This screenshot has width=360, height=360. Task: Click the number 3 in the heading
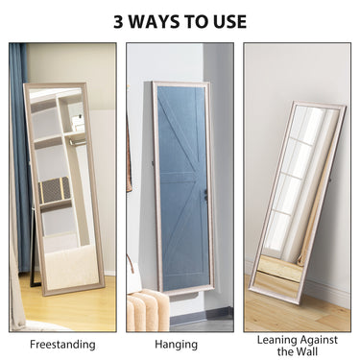[119, 21]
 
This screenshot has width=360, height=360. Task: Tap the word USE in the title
[226, 21]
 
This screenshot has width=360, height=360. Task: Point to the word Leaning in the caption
[276, 338]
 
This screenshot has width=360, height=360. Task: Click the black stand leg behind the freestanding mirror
[36, 259]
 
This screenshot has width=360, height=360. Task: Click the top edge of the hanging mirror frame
[181, 84]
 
